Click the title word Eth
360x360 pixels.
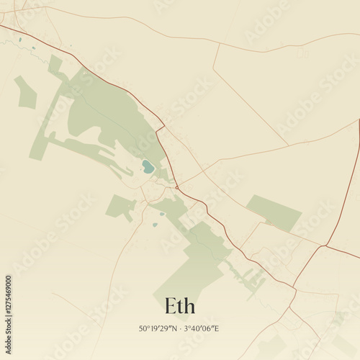pos(179,306)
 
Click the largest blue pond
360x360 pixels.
pos(148,168)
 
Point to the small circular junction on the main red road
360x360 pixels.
pos(176,187)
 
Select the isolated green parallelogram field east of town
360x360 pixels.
pos(274,212)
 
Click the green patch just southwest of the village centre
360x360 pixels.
pos(121,207)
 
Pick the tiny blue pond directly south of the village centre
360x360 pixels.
pos(154,225)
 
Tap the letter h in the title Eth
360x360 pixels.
pos(189,306)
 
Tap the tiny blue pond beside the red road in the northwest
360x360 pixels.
pos(32,48)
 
